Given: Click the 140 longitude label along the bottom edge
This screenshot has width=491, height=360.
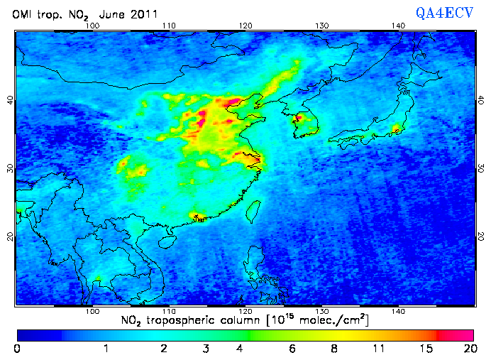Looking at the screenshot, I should tap(399, 312).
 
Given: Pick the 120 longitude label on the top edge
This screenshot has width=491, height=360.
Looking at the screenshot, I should tap(245, 26).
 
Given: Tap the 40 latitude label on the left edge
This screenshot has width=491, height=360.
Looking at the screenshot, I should tap(9, 100).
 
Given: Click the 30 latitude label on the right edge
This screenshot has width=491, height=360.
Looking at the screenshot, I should tap(481, 168).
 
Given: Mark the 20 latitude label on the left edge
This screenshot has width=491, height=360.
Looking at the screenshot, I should tap(9, 236).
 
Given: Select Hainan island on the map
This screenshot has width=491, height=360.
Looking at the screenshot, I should tap(167, 242).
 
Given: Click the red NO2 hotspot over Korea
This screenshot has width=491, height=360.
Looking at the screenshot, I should tap(299, 118).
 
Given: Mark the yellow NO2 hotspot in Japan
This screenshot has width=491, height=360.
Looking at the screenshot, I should tap(396, 129).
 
